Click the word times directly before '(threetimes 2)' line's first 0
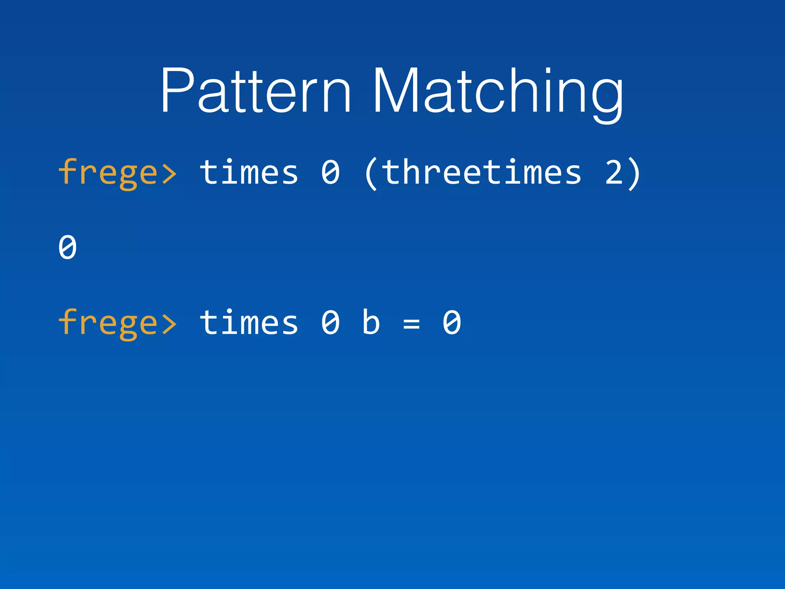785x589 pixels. pyautogui.click(x=249, y=172)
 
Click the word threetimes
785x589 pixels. pyautogui.click(x=481, y=172)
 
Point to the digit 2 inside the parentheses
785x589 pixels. pyautogui.click(x=614, y=172)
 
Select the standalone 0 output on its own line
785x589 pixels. pyautogui.click(x=67, y=247)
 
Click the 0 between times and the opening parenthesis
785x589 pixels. pyautogui.click(x=330, y=172)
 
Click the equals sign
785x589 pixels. pyautogui.click(x=411, y=324)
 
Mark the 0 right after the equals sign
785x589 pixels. pyautogui.click(x=452, y=322)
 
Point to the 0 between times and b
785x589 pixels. pyautogui.click(x=330, y=322)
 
